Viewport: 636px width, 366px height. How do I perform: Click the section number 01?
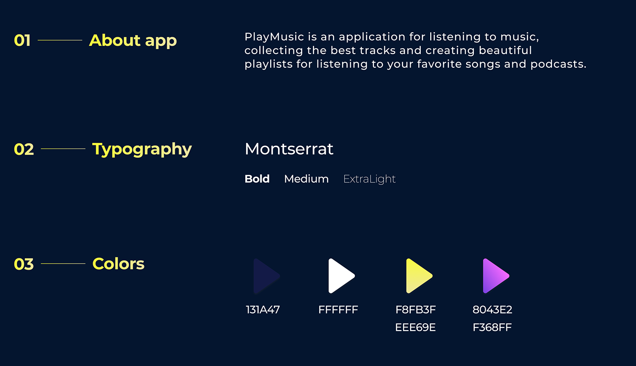[x=22, y=40]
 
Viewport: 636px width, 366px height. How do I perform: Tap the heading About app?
[x=133, y=41]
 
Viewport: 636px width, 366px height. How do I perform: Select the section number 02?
[x=24, y=149]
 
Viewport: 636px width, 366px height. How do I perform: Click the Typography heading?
[x=142, y=149]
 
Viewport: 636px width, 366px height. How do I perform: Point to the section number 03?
[x=24, y=264]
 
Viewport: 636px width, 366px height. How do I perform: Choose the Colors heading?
[x=119, y=263]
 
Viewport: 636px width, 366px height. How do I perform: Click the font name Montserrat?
[x=289, y=149]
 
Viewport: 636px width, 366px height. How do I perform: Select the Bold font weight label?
[x=257, y=179]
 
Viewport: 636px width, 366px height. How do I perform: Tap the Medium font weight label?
[x=306, y=179]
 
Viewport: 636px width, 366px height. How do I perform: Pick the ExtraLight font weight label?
[x=369, y=179]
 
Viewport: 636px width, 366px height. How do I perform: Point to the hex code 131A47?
[x=263, y=310]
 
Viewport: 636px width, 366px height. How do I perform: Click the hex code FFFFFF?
[x=338, y=310]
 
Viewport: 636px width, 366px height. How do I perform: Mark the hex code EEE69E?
[x=415, y=327]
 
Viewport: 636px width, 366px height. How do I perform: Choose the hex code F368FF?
[x=492, y=327]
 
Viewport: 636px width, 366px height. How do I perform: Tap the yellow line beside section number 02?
[x=63, y=148]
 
